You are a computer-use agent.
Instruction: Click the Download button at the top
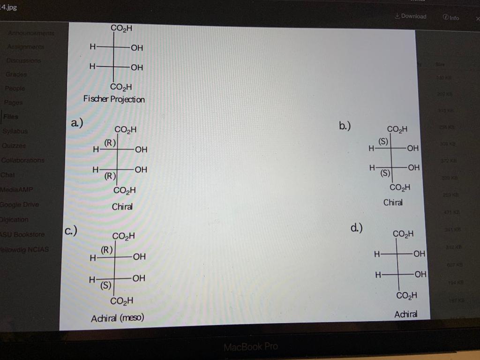tap(411, 16)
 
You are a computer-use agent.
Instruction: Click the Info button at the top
tap(450, 17)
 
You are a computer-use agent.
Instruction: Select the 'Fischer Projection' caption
tap(114, 99)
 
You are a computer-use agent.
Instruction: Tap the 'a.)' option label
tap(75, 123)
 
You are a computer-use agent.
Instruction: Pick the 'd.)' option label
tap(356, 228)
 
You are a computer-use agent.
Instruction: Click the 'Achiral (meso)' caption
tap(117, 318)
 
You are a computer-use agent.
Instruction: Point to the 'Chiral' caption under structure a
tap(122, 207)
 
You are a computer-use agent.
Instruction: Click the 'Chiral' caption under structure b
tap(393, 202)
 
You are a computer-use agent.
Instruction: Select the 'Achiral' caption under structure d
tap(406, 314)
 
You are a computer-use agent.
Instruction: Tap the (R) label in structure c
tap(105, 250)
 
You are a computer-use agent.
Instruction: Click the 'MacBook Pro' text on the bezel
tap(250, 347)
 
